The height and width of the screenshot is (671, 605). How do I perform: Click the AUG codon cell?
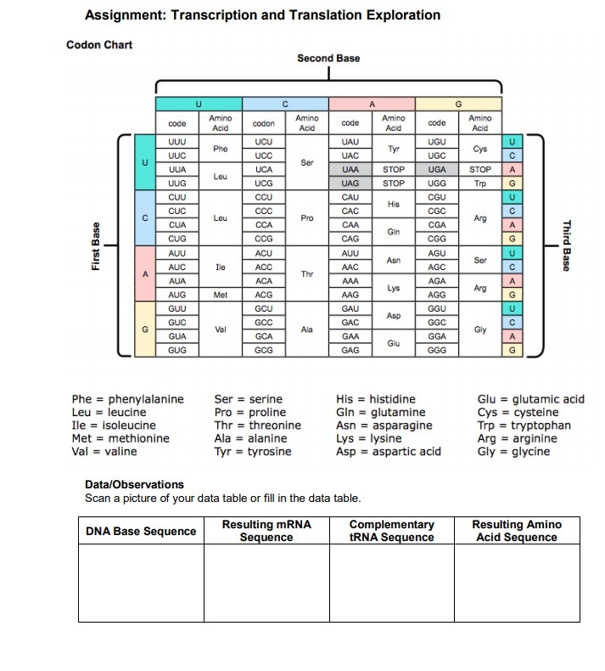point(177,294)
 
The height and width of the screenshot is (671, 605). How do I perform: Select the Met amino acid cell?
point(221,294)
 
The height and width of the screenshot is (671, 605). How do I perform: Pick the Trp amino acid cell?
point(479,183)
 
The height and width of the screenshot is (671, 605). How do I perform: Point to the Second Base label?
point(328,58)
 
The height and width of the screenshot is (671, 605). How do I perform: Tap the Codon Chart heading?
point(99,44)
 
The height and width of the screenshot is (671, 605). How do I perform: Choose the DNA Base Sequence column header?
point(141,532)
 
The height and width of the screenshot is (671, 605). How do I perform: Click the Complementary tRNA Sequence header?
point(391,531)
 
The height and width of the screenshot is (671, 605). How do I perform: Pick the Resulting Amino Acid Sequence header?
point(516,531)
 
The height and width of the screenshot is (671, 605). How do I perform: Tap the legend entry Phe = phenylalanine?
point(127,399)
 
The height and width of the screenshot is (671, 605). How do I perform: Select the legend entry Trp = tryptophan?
point(524,426)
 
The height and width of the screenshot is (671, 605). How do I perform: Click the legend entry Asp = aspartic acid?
point(389,452)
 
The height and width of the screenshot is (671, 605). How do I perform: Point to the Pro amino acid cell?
point(307,217)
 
